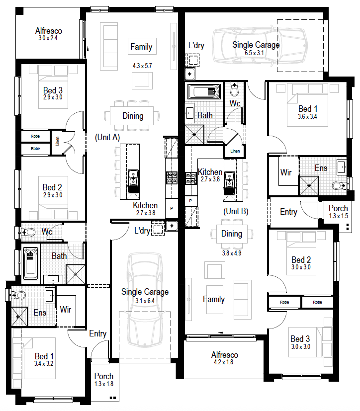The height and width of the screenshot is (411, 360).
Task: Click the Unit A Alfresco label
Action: click(49, 31)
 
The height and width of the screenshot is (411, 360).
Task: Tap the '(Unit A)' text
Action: click(107, 137)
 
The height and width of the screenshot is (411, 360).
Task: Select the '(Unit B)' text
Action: click(236, 211)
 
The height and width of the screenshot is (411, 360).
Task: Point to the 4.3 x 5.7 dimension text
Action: click(142, 66)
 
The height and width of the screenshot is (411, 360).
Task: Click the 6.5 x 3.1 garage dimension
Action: click(254, 53)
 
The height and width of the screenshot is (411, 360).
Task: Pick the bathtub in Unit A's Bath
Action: click(31, 264)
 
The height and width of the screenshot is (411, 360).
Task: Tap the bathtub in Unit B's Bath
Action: click(204, 92)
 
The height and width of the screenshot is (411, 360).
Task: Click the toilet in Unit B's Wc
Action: click(234, 89)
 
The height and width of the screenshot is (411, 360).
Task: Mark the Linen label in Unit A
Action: click(57, 141)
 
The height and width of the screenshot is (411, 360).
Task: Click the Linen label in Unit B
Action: click(235, 151)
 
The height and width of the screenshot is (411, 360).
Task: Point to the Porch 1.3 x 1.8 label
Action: click(104, 380)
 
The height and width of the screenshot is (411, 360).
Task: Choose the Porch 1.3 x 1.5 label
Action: click(338, 212)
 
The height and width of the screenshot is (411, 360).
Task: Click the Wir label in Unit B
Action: click(286, 172)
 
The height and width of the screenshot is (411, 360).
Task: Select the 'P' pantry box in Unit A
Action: click(172, 208)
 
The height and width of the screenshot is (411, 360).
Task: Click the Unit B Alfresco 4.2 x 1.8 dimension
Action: click(223, 362)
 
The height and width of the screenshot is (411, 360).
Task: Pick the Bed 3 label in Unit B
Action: click(300, 339)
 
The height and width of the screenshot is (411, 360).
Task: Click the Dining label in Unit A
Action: click(133, 116)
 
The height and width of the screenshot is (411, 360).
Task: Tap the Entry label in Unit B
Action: click(288, 212)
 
